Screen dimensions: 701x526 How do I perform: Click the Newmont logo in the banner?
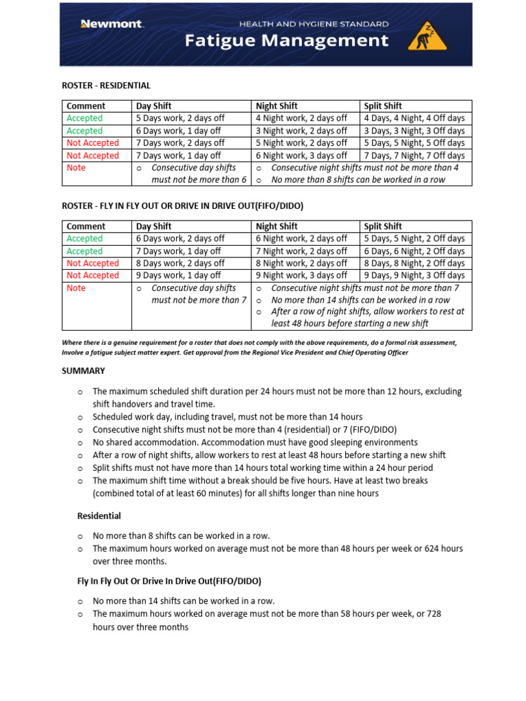tap(111, 24)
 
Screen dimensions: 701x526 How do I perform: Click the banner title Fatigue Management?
tap(287, 41)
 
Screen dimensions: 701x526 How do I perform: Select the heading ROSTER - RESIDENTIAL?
tap(106, 86)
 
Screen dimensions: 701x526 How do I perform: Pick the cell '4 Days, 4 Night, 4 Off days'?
tap(414, 118)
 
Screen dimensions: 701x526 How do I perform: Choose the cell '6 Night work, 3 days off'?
tap(301, 155)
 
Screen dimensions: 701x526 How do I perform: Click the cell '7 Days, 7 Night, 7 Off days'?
tap(414, 155)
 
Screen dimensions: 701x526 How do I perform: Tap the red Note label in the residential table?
tap(76, 168)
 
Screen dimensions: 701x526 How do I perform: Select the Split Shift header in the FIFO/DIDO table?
tap(383, 226)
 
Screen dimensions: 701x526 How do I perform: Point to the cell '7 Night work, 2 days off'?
tap(301, 251)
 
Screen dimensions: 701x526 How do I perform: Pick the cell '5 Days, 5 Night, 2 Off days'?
tap(414, 238)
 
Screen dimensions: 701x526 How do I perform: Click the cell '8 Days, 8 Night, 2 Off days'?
tap(414, 263)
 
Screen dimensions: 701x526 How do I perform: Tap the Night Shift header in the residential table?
tap(277, 106)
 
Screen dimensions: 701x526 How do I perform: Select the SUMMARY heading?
tap(84, 370)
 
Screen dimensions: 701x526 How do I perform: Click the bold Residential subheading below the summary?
tap(99, 515)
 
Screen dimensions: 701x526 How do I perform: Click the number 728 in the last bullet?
tap(434, 614)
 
